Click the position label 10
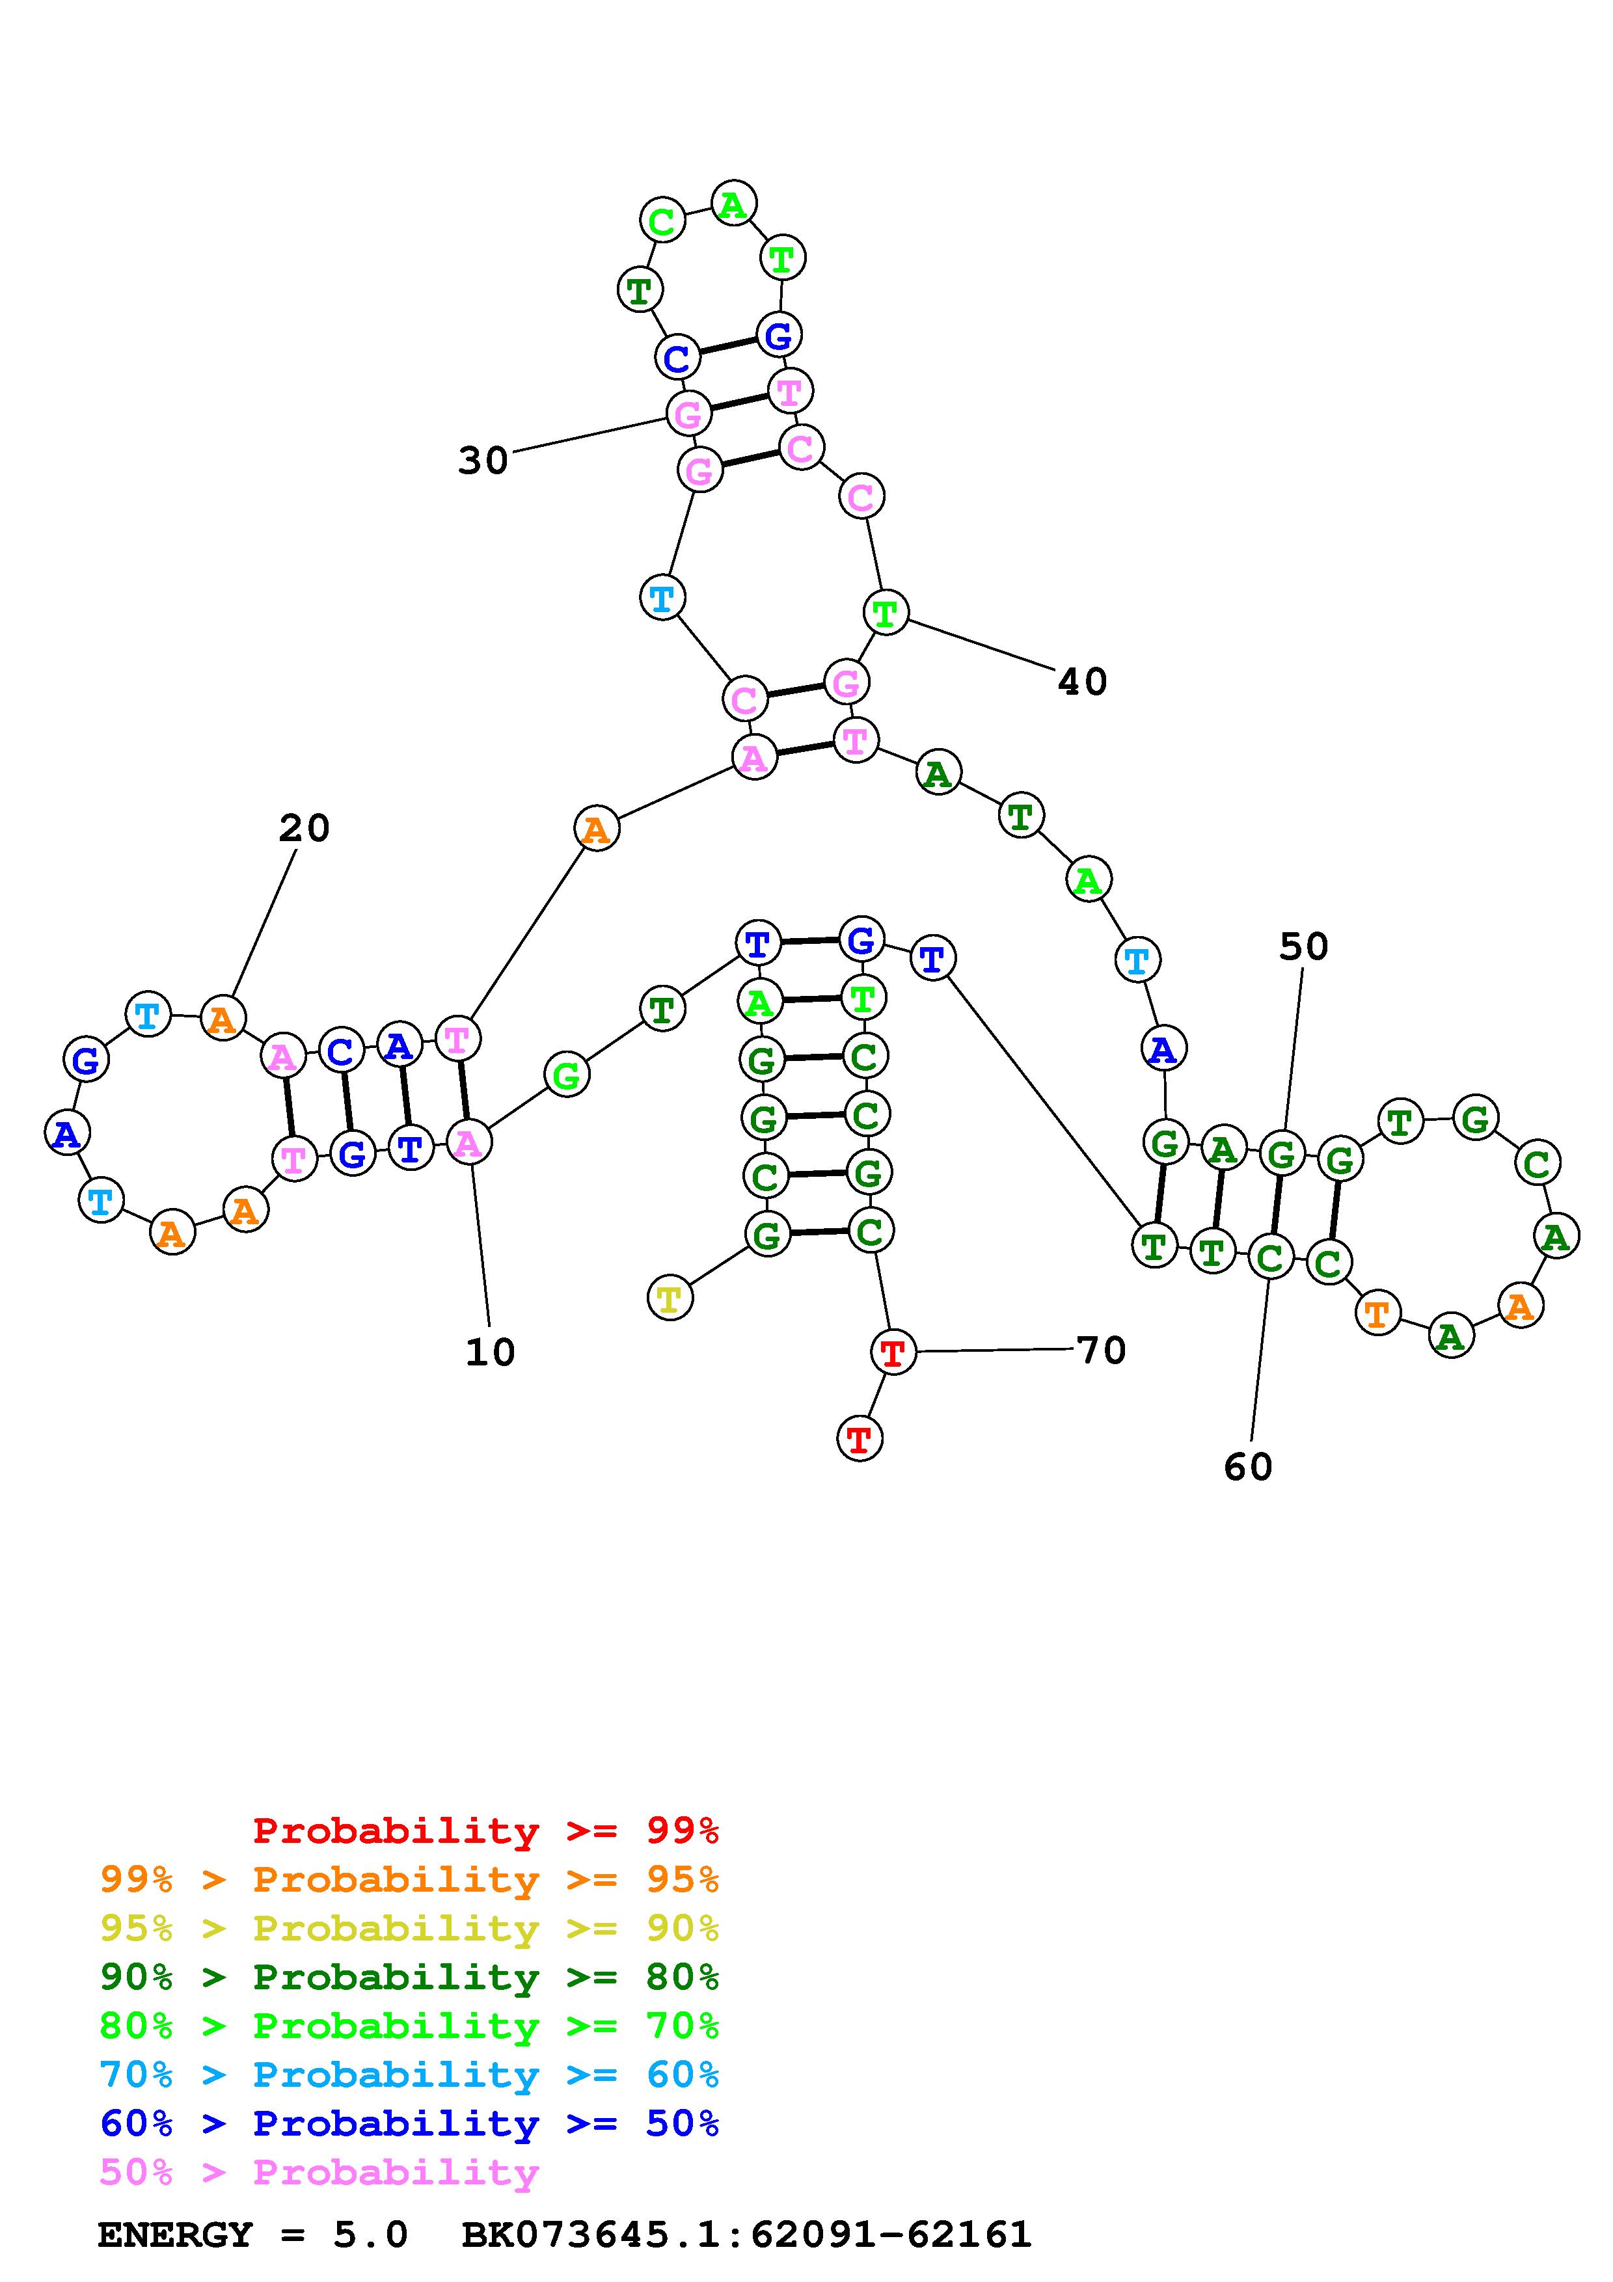(x=490, y=1352)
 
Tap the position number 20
(x=303, y=828)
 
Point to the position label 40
(x=1082, y=682)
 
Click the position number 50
(x=1303, y=947)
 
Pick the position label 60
(x=1248, y=1467)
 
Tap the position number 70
(x=1101, y=1350)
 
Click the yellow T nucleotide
(x=670, y=1298)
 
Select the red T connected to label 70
(x=893, y=1352)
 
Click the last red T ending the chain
(x=860, y=1438)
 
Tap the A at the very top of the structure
(x=733, y=205)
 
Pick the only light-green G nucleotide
(x=567, y=1075)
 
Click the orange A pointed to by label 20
(x=223, y=1018)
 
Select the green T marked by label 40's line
(x=884, y=611)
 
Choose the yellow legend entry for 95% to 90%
(x=409, y=1928)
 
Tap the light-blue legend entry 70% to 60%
(x=409, y=2074)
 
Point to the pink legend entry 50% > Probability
(x=319, y=2171)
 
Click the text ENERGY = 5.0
(x=252, y=2235)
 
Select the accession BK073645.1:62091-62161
(x=746, y=2235)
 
